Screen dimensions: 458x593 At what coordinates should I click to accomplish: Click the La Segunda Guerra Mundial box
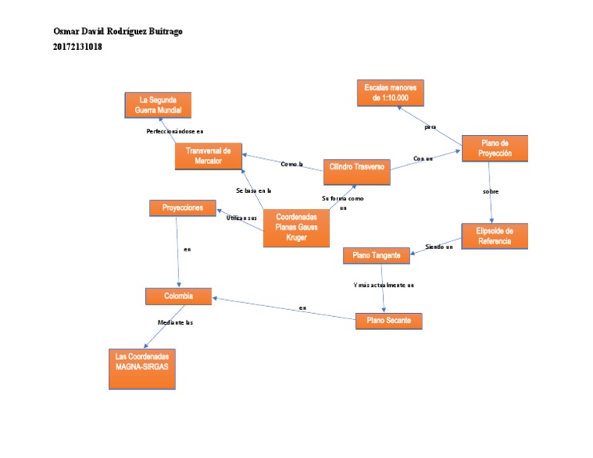pos(158,105)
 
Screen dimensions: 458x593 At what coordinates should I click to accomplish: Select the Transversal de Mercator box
pos(208,157)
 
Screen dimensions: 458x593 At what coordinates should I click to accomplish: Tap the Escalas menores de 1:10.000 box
pos(391,93)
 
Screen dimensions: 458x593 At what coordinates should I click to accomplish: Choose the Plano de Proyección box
pos(494,148)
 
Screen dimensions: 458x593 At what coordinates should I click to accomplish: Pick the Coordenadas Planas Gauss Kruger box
pos(296,227)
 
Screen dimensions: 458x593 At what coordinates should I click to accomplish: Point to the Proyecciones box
pos(182,208)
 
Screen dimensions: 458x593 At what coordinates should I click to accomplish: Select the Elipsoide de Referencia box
pos(494,236)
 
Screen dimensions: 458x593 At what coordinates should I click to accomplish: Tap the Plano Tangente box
pos(376,255)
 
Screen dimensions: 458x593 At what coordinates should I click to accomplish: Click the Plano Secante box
pos(388,321)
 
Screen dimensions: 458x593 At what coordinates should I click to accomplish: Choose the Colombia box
pos(178,296)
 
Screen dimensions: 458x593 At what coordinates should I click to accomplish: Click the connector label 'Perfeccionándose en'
pos(175,131)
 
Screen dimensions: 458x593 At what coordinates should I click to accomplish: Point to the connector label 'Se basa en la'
pos(253,190)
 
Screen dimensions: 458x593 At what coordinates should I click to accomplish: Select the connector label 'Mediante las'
pos(175,322)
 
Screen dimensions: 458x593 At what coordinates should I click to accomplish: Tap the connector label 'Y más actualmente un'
pos(384,285)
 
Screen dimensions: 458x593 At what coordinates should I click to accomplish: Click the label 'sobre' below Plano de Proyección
pos(490,190)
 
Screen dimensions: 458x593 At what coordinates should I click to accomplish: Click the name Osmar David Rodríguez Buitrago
pos(118,32)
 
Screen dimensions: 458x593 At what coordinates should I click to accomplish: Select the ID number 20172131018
pos(77,47)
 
